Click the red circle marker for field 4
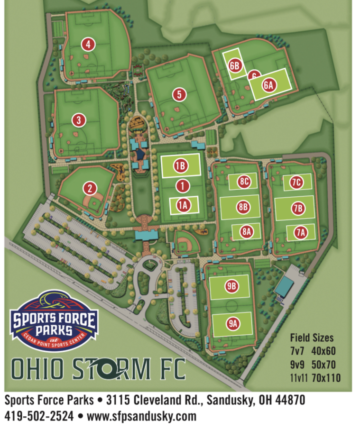(88, 45)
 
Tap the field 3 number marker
(78, 120)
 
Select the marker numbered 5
(179, 94)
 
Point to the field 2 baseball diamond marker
(89, 189)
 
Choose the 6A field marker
(268, 85)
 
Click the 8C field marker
(244, 181)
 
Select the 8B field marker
(244, 207)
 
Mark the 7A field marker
(300, 232)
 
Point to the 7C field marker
(297, 182)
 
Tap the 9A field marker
(232, 324)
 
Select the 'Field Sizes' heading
(312, 338)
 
